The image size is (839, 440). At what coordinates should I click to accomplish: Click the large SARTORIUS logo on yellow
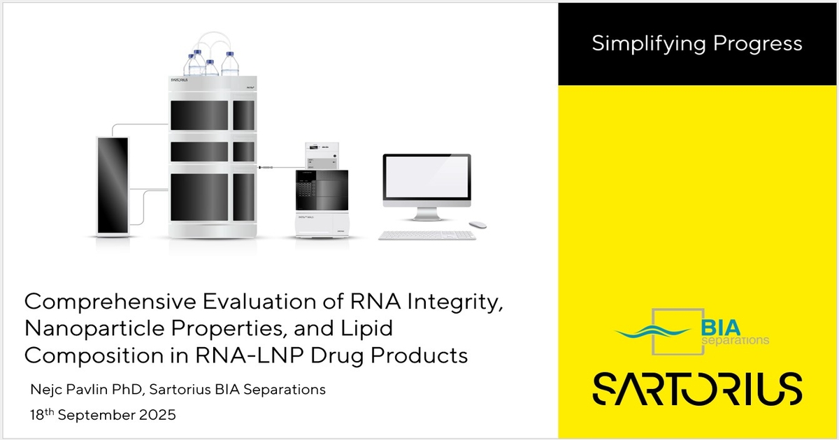(697, 388)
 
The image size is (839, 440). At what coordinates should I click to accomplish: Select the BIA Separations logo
(692, 331)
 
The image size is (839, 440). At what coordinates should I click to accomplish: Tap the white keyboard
(426, 235)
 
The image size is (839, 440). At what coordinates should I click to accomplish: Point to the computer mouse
(478, 224)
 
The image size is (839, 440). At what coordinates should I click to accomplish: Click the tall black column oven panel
(113, 184)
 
